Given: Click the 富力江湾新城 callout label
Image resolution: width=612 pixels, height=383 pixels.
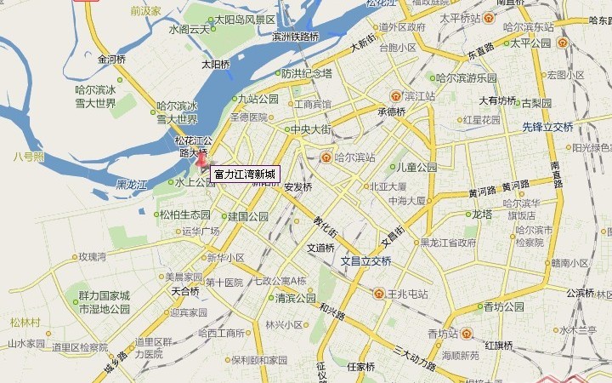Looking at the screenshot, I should (245, 174).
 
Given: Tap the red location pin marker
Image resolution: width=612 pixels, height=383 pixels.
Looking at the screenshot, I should (201, 158).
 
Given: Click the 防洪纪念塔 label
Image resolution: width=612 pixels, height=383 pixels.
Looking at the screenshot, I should (307, 73).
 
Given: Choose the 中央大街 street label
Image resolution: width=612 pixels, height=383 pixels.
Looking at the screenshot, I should (311, 130).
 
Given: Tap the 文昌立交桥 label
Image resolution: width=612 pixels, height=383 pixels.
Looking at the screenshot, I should (366, 261).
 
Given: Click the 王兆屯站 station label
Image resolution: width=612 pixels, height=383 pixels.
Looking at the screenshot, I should (407, 294).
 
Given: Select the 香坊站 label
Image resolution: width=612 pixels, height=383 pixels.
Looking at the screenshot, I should (443, 333).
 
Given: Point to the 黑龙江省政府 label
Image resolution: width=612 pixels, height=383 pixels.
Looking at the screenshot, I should (448, 242).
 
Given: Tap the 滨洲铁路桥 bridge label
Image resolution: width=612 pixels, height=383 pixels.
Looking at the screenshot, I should (295, 37).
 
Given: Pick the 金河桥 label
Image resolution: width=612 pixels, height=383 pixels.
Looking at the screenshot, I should (111, 60).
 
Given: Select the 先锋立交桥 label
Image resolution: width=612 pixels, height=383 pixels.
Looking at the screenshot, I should (547, 127).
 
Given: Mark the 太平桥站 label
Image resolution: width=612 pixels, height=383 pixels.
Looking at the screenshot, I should (460, 18).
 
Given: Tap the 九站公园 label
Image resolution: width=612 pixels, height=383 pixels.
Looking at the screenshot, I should (258, 99).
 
